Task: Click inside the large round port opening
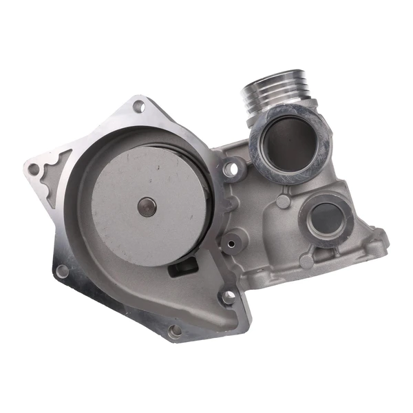coord(290,144)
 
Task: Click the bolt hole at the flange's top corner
coord(139,107)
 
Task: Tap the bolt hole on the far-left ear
coord(34,169)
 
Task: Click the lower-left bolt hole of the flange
coord(62,271)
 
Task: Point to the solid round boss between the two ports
coord(282,202)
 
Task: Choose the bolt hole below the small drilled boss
coord(228,297)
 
